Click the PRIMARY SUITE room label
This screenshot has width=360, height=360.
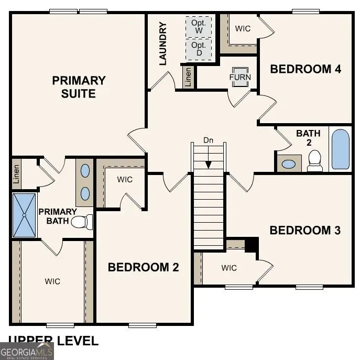pyautogui.click(x=79, y=87)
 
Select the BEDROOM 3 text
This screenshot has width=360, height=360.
pyautogui.click(x=305, y=230)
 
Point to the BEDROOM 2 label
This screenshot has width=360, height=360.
pyautogui.click(x=143, y=267)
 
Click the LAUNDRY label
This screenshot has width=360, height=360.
pyautogui.click(x=162, y=43)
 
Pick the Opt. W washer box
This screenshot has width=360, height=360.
pyautogui.click(x=199, y=27)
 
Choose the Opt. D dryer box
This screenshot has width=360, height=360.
pyautogui.click(x=199, y=49)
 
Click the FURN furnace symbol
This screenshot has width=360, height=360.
pyautogui.click(x=240, y=77)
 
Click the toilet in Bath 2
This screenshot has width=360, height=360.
pyautogui.click(x=315, y=160)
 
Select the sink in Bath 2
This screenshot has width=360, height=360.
pyautogui.click(x=289, y=163)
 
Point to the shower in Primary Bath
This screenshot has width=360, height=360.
pyautogui.click(x=24, y=215)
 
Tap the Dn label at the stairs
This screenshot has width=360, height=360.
pyautogui.click(x=209, y=140)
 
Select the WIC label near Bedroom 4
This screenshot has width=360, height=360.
pyautogui.click(x=243, y=28)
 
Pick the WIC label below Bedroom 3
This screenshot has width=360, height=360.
pyautogui.click(x=229, y=268)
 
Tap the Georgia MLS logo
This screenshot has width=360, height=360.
pyautogui.click(x=27, y=351)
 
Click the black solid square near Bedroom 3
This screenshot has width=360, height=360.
pyautogui.click(x=252, y=244)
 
